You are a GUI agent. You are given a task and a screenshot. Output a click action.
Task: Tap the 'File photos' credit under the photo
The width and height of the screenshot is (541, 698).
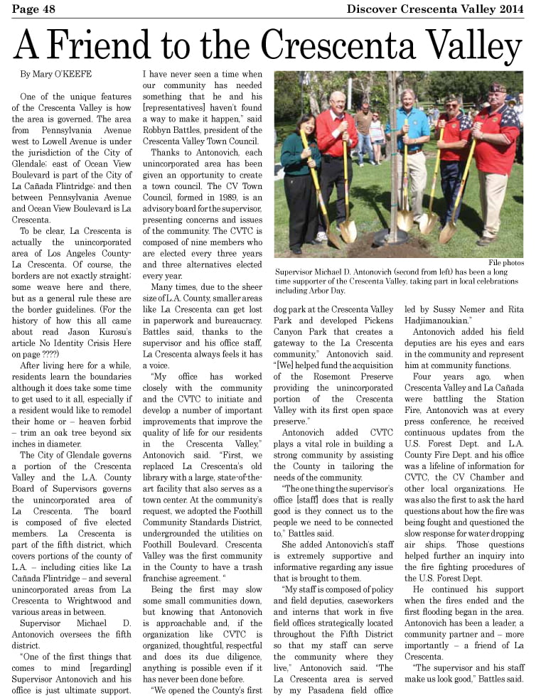505,263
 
